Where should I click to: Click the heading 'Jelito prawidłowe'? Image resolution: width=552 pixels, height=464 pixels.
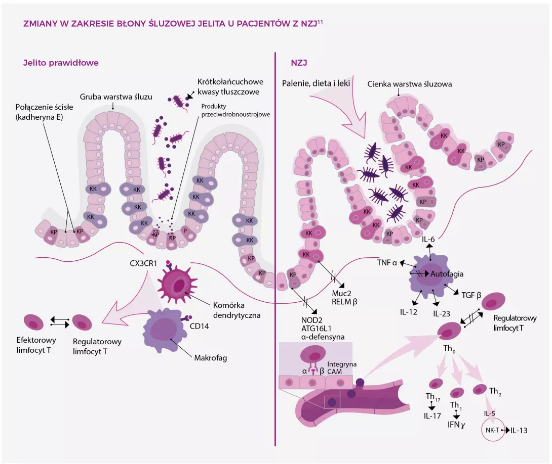click(61, 63)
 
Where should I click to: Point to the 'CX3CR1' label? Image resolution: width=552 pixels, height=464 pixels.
click(146, 263)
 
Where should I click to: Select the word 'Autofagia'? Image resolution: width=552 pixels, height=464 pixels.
click(447, 274)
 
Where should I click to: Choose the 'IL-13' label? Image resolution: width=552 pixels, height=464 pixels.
click(519, 431)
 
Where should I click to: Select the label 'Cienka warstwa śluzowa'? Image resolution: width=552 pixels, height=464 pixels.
click(410, 84)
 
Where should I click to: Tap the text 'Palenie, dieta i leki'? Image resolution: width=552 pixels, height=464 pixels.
click(317, 82)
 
